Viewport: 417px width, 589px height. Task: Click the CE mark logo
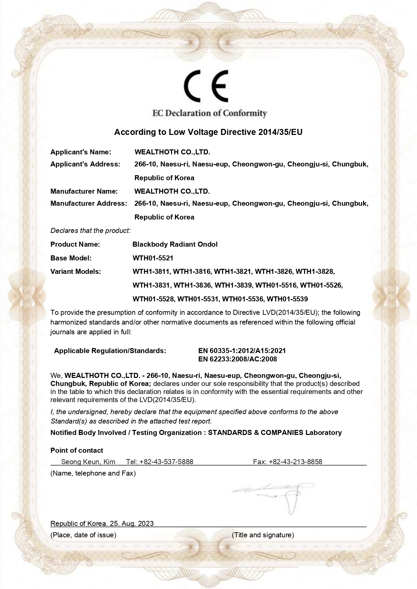pyautogui.click(x=206, y=86)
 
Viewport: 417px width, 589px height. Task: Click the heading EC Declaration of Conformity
pyautogui.click(x=209, y=113)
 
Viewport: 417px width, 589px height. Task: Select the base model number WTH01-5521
pyautogui.click(x=153, y=258)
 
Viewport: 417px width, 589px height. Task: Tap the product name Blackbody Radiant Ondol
pyautogui.click(x=175, y=244)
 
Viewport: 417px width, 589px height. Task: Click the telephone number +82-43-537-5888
pyautogui.click(x=166, y=462)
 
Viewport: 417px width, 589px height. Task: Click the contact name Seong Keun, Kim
pyautogui.click(x=88, y=462)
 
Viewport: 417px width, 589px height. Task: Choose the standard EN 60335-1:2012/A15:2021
pyautogui.click(x=242, y=351)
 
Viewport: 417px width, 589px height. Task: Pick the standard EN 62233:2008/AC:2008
pyautogui.click(x=238, y=359)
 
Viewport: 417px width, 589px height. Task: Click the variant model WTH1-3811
pyautogui.click(x=152, y=272)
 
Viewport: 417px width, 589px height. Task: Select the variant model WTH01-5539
pyautogui.click(x=287, y=299)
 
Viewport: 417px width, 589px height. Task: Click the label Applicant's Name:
pyautogui.click(x=81, y=152)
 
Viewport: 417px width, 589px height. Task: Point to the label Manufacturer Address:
pyautogui.click(x=89, y=203)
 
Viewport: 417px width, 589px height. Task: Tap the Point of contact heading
pyautogui.click(x=77, y=450)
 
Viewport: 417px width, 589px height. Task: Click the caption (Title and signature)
pyautogui.click(x=263, y=535)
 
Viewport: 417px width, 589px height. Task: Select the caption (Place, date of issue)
pyautogui.click(x=83, y=535)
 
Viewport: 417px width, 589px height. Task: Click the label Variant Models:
pyautogui.click(x=76, y=272)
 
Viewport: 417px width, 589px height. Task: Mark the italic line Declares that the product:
pyautogui.click(x=90, y=231)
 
